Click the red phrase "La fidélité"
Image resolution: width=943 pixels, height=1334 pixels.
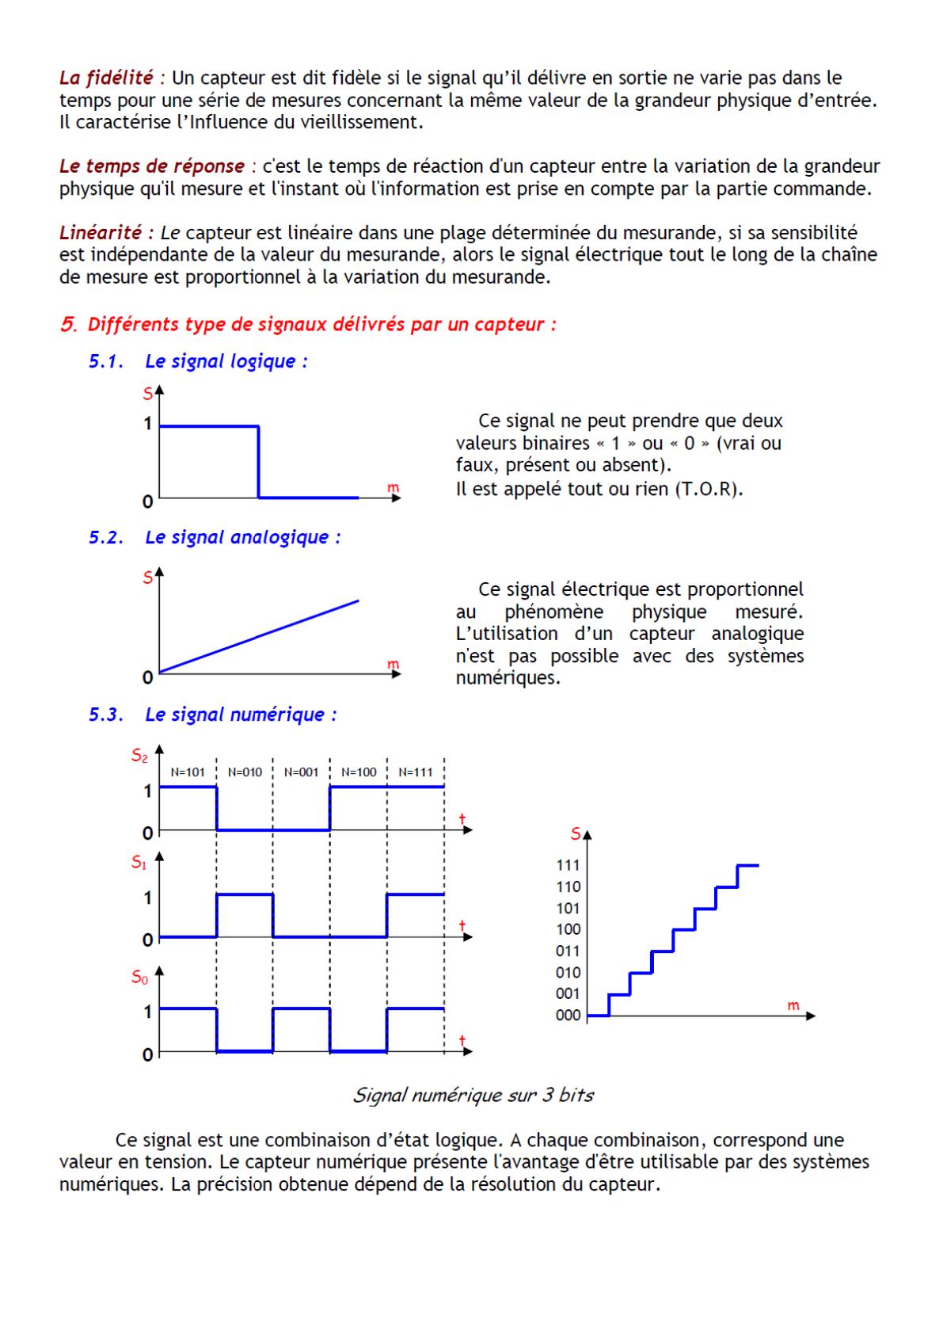click(106, 78)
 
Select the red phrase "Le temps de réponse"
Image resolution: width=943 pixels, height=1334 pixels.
click(152, 166)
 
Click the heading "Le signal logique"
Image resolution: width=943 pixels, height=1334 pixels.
click(226, 361)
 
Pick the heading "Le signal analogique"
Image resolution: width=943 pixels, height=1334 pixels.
click(242, 537)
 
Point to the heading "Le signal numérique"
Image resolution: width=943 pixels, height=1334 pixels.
click(241, 715)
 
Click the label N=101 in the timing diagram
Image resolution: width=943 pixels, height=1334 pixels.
click(188, 772)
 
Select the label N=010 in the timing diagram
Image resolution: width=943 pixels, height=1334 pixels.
click(245, 772)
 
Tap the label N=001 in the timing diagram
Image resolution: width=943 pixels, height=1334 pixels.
click(301, 772)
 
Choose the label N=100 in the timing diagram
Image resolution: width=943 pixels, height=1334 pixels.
click(359, 772)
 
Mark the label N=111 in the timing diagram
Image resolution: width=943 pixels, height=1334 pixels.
click(416, 772)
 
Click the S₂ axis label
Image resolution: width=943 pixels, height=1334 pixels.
click(139, 757)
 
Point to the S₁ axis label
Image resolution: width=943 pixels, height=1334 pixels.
click(139, 863)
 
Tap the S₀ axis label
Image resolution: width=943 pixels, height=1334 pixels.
click(139, 978)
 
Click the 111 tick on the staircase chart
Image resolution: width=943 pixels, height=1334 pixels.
click(568, 866)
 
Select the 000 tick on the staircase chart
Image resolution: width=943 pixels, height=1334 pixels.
click(568, 1016)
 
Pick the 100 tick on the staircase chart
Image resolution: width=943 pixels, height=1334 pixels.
click(568, 930)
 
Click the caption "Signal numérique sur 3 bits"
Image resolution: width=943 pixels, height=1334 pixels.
click(473, 1096)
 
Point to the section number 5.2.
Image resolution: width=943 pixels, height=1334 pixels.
click(106, 537)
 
